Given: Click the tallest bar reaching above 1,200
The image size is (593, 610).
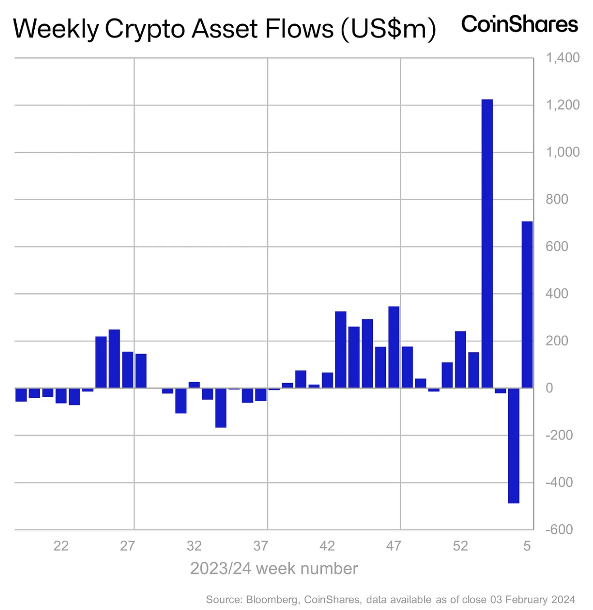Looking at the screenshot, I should click(x=487, y=244).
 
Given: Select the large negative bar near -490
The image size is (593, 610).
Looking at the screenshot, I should click(x=514, y=445).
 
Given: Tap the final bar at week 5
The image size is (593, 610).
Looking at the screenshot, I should click(x=527, y=305).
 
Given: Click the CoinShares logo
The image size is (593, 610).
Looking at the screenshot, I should click(x=519, y=24).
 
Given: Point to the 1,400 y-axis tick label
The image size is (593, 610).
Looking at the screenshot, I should click(x=562, y=58).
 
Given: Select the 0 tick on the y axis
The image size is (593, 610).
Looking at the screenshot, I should click(x=549, y=388).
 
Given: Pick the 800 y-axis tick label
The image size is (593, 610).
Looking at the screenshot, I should click(x=556, y=199).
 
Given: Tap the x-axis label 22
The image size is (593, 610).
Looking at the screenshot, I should click(x=61, y=546).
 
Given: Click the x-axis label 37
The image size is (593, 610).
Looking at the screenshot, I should click(x=261, y=546).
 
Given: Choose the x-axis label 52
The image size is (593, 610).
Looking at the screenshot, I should click(x=460, y=546).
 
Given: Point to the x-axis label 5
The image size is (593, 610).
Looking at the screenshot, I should click(x=527, y=546).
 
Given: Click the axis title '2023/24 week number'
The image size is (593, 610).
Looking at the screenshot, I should click(x=274, y=568).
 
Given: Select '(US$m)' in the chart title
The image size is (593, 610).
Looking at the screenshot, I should click(x=389, y=29).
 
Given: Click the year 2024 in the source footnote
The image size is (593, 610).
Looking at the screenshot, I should click(x=564, y=600).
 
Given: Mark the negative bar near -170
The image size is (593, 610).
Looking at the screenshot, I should click(x=221, y=407).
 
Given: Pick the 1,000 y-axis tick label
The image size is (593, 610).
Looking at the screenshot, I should click(x=562, y=152).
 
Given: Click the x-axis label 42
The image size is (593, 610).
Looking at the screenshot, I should click(x=327, y=546).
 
